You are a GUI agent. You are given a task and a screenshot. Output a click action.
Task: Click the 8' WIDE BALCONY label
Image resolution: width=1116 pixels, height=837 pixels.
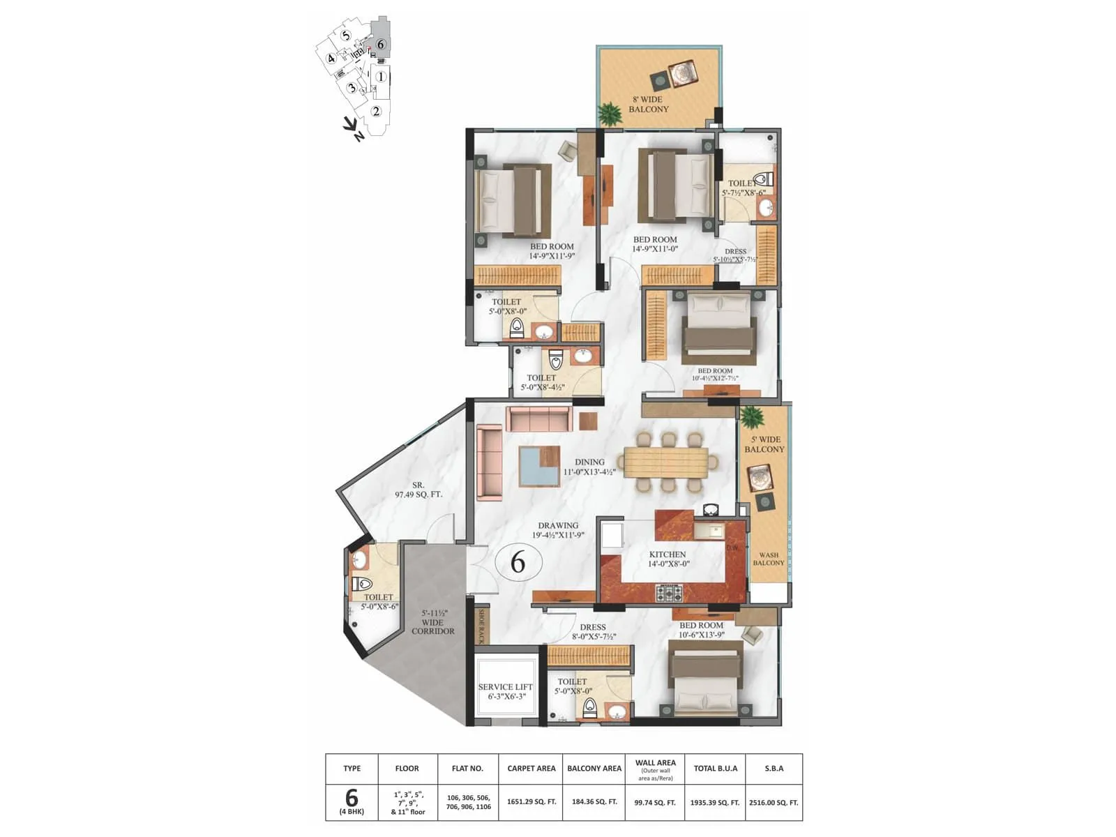click(648, 104)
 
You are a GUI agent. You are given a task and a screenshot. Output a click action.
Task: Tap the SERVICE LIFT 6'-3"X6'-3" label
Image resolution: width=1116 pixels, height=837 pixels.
click(505, 691)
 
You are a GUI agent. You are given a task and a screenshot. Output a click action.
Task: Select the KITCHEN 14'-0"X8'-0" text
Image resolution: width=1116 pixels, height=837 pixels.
click(668, 559)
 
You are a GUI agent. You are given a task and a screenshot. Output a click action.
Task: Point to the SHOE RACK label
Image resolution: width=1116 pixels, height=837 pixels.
click(481, 626)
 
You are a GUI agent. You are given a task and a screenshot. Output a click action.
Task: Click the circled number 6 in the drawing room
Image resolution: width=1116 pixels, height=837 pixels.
click(518, 561)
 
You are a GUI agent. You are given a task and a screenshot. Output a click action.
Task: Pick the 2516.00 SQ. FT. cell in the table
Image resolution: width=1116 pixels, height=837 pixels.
click(774, 802)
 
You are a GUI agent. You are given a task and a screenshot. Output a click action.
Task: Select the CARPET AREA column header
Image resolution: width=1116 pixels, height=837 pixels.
click(531, 768)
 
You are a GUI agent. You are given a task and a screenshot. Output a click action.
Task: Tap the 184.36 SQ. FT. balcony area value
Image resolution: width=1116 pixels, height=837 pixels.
click(594, 802)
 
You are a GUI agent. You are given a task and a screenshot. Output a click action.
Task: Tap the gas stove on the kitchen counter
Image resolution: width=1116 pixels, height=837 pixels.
click(668, 594)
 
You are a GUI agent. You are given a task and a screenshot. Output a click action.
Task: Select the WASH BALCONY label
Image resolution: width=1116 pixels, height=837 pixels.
click(768, 559)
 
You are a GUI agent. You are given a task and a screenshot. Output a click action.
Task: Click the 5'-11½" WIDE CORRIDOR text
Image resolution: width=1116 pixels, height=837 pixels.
click(432, 621)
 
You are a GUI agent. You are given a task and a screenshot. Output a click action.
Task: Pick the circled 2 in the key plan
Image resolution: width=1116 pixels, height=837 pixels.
click(376, 111)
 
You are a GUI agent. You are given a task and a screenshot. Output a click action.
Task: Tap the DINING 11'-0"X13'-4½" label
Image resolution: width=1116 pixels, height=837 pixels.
click(589, 467)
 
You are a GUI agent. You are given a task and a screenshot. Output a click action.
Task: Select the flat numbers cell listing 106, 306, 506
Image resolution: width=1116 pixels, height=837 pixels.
click(468, 802)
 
